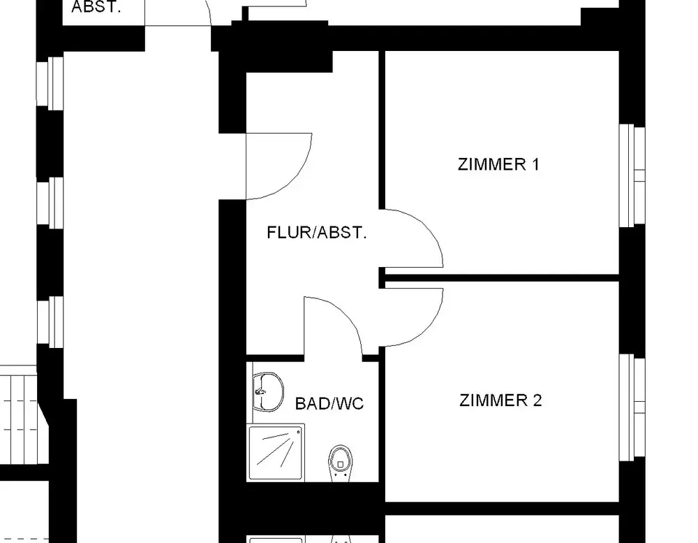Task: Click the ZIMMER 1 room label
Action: [x=498, y=165]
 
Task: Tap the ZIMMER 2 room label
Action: [x=500, y=401]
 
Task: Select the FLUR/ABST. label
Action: [x=316, y=233]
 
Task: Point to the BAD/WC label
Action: [x=329, y=404]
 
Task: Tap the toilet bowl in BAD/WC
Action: [x=339, y=461]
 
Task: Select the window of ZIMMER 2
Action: [x=632, y=407]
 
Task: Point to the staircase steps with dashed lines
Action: [x=21, y=419]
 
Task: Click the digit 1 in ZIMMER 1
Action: [x=535, y=165]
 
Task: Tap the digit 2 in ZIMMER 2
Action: [x=537, y=401]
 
